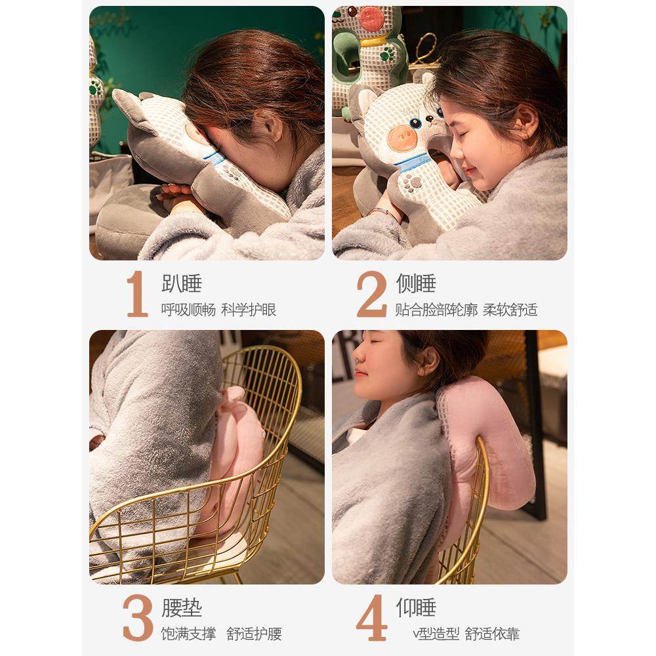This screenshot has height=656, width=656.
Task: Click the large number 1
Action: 137,294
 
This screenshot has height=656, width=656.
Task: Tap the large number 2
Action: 371,294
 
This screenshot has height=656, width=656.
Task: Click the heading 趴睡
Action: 182,283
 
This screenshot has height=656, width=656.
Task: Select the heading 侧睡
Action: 416,283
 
